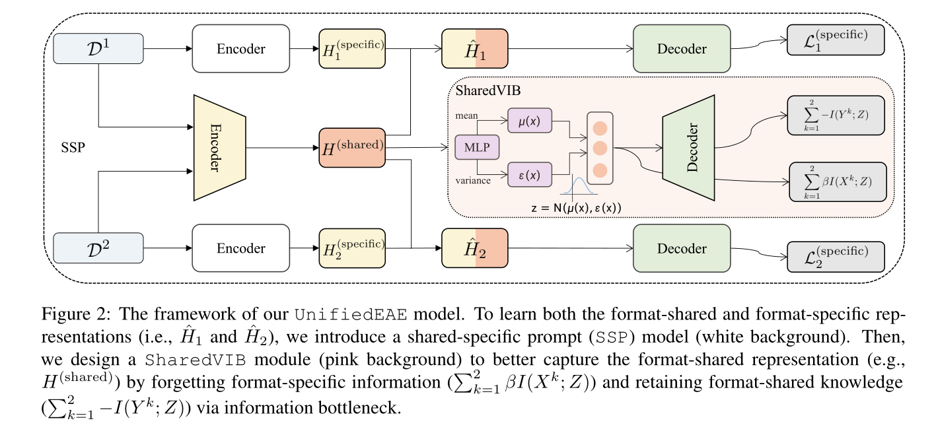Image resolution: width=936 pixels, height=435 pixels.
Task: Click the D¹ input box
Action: click(98, 49)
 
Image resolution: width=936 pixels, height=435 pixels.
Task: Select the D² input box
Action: click(98, 248)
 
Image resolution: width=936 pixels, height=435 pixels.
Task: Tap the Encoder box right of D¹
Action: click(240, 49)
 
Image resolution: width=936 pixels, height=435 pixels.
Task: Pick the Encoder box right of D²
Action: click(240, 248)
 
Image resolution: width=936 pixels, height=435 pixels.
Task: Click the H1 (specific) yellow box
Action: click(351, 49)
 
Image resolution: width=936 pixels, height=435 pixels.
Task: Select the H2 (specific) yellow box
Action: click(351, 248)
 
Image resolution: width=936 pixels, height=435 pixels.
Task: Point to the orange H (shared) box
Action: click(351, 147)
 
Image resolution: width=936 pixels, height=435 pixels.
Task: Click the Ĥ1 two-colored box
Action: click(474, 49)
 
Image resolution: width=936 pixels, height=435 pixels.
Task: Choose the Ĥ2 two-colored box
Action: click(474, 248)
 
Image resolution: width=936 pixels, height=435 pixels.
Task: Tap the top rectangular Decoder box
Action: click(681, 49)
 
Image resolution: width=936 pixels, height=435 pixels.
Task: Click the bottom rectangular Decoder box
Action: click(681, 248)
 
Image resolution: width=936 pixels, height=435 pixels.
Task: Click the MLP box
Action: click(477, 147)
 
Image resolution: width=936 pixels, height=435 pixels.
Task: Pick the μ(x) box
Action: click(530, 122)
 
